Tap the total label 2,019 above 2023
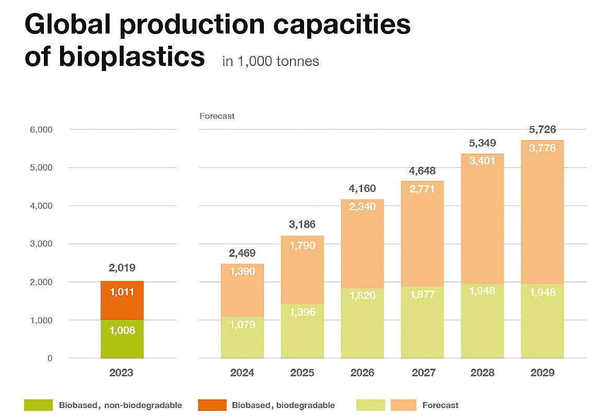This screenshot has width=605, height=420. (x=122, y=268)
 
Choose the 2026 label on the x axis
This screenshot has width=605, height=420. (x=362, y=373)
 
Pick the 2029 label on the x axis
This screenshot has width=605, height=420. (x=542, y=373)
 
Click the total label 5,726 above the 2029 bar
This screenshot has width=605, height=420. (x=542, y=130)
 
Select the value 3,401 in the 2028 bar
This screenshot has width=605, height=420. (x=482, y=161)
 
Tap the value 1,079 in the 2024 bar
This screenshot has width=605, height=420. (x=242, y=325)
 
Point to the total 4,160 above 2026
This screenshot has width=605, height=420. (x=362, y=188)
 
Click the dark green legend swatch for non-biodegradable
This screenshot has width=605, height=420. (x=39, y=405)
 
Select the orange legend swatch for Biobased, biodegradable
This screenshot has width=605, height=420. (x=212, y=405)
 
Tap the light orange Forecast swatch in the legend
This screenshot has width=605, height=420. (x=403, y=405)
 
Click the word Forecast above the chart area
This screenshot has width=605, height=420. (x=217, y=116)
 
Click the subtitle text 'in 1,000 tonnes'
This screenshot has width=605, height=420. (x=270, y=61)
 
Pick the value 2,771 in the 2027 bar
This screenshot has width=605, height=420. (x=422, y=189)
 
